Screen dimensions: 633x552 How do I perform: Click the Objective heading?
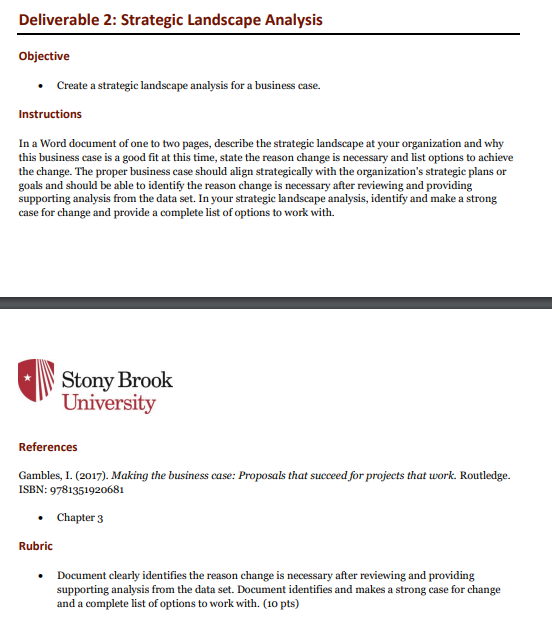pos(44,56)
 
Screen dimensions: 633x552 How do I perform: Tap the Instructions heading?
pos(50,114)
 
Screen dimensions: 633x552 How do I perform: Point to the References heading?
pos(48,447)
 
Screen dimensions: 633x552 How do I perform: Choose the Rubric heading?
pos(36,546)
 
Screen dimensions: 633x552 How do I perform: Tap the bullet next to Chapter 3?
pos(40,518)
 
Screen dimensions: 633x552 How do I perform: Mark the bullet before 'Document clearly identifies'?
pos(40,576)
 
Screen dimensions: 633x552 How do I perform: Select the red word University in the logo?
pos(108,403)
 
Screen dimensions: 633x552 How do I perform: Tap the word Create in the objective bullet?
pos(73,86)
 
